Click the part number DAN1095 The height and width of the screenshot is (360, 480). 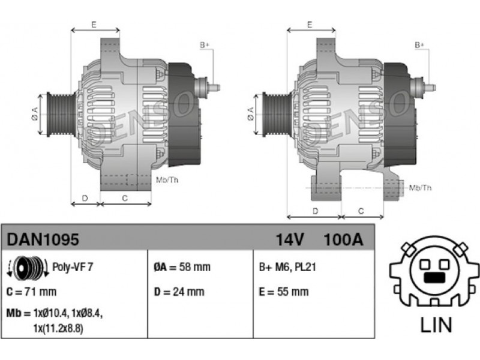point(43,239)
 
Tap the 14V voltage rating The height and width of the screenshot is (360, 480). point(290,239)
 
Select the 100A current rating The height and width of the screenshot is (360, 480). point(343,239)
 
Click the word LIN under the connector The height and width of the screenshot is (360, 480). point(436,325)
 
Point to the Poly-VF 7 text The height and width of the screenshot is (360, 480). point(73,267)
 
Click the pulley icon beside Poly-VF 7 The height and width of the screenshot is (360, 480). point(28,267)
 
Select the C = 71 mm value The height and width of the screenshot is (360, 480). point(32,292)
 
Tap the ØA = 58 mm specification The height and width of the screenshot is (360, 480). point(182,267)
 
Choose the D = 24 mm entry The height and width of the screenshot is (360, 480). point(179,292)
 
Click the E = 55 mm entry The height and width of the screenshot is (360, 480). point(284,292)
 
